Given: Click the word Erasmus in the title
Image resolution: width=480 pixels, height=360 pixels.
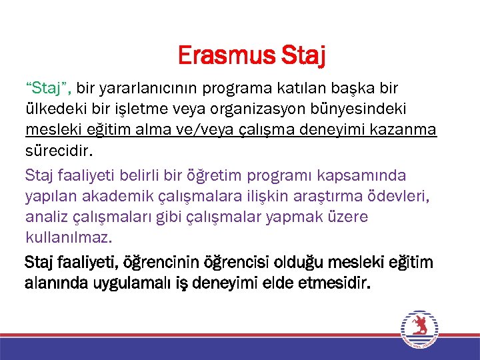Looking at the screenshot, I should (223, 56).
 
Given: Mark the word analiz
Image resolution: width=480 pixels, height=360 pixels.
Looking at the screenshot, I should (45, 217).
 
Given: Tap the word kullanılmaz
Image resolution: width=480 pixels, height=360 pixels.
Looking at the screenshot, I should (69, 237).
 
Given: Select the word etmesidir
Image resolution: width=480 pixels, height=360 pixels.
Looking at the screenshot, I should (331, 283).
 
